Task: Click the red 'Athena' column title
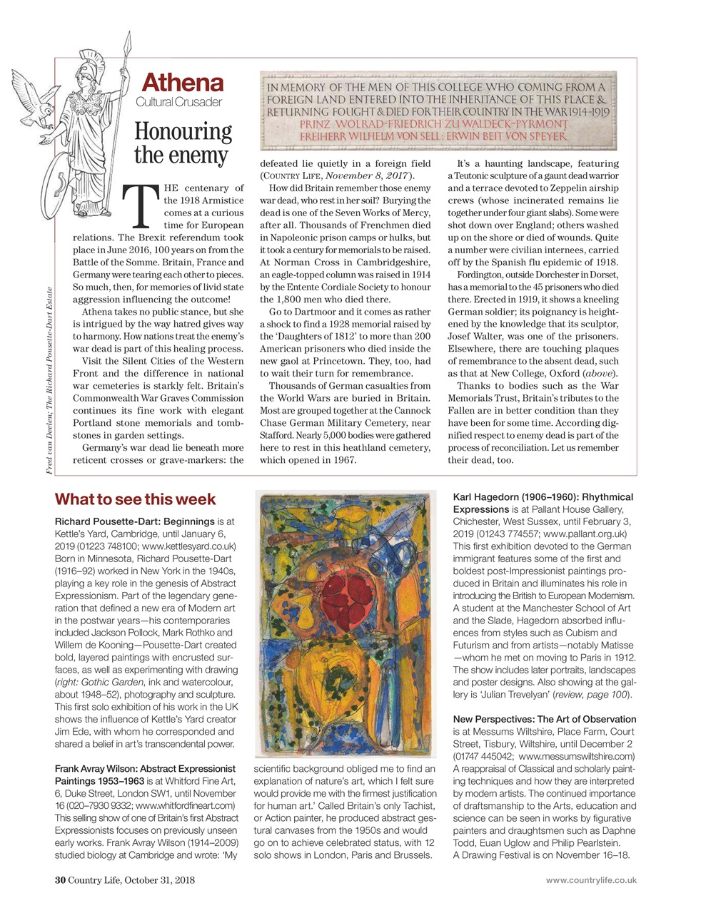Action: (183, 83)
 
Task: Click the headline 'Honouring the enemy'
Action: (183, 143)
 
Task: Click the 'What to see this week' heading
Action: (135, 499)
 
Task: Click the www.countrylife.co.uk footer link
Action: (590, 880)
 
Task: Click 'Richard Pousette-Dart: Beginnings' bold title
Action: (134, 521)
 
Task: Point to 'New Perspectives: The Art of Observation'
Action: (544, 719)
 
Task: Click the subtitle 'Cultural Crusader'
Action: (178, 102)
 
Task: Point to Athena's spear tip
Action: (128, 41)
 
